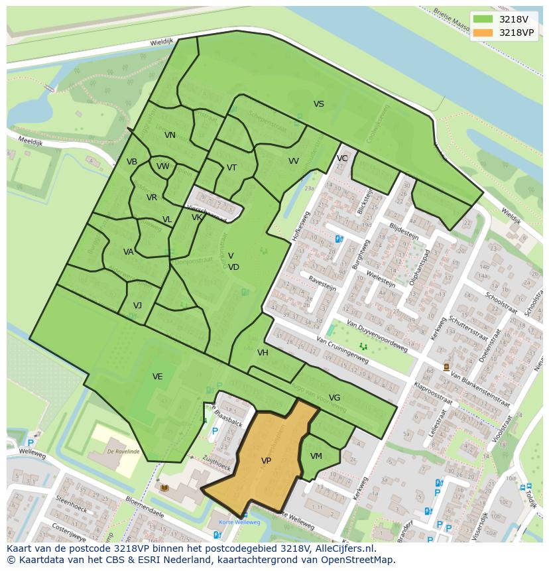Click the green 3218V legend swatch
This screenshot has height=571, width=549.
[483, 19]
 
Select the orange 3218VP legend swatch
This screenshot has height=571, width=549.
[483, 32]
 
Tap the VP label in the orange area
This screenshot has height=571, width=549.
[266, 461]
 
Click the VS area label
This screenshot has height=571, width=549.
[319, 104]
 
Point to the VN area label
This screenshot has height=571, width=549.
[170, 135]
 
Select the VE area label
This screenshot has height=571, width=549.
[157, 377]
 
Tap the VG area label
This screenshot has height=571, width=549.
[334, 398]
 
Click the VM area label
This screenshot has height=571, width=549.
[316, 456]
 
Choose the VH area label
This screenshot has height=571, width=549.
[263, 353]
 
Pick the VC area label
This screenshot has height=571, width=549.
[342, 159]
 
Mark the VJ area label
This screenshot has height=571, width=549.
[137, 306]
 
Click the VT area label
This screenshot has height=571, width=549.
[231, 168]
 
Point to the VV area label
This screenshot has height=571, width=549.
[294, 161]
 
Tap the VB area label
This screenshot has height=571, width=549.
[132, 162]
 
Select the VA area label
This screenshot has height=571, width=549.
[129, 252]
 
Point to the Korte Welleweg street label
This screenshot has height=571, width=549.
[240, 522]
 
